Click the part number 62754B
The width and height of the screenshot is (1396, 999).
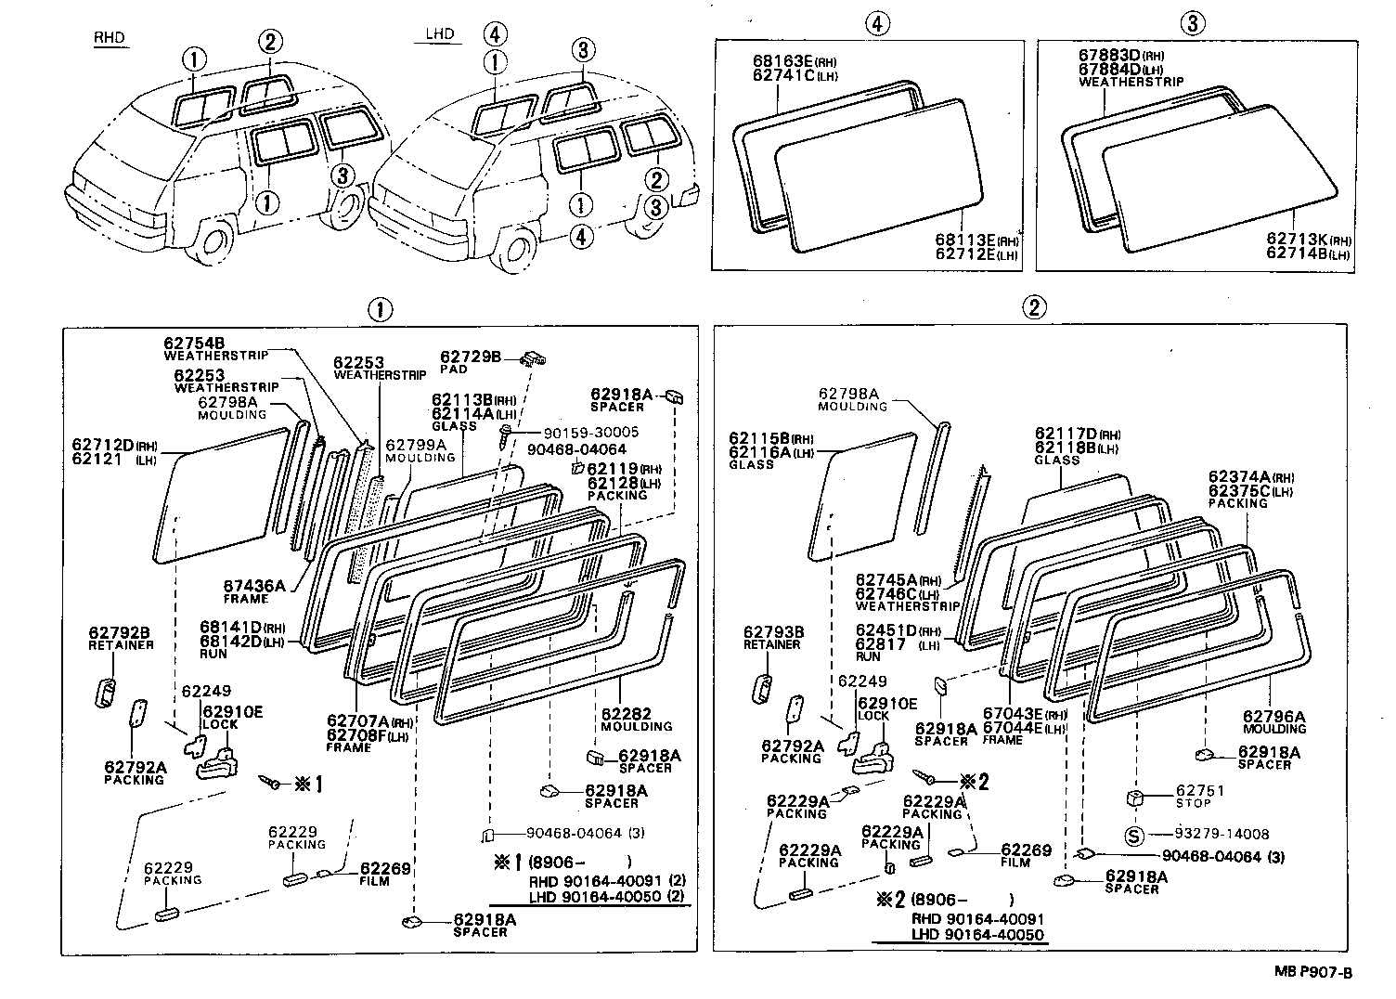(x=195, y=343)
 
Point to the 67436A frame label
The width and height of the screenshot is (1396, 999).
(x=253, y=586)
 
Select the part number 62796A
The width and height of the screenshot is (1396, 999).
(x=1273, y=717)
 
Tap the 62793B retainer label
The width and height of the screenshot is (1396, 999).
(x=773, y=632)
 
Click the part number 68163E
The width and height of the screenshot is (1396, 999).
(x=783, y=62)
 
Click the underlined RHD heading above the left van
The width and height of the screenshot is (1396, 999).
(x=109, y=38)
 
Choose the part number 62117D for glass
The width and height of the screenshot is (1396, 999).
(x=1066, y=435)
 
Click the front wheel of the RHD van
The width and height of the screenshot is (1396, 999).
(x=215, y=241)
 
